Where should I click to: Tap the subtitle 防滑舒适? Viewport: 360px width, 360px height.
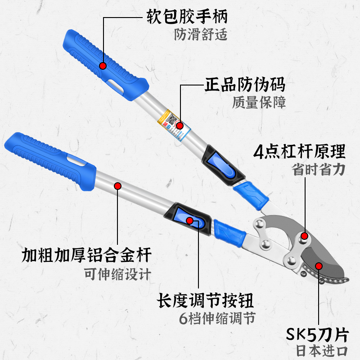(201, 35)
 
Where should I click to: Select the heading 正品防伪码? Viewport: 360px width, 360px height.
(245, 85)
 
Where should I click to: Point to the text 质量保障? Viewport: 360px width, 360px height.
(259, 103)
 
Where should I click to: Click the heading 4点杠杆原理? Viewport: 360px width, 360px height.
(300, 152)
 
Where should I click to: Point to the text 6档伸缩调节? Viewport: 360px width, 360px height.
(217, 318)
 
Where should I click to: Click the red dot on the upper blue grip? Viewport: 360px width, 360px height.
(103, 66)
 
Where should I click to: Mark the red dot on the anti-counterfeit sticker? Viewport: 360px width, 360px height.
(180, 126)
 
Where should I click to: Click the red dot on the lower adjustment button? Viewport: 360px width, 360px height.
(190, 220)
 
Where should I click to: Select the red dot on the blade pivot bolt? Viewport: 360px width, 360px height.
(305, 236)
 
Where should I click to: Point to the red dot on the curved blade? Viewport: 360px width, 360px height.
(319, 265)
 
